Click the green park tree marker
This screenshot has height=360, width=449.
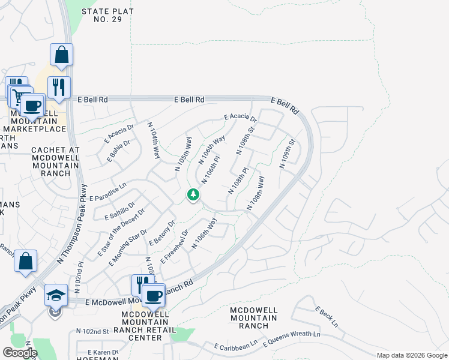pyautogui.click(x=193, y=194)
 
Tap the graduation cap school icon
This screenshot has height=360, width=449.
pyautogui.click(x=56, y=295)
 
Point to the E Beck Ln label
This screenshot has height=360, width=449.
pyautogui.click(x=327, y=317)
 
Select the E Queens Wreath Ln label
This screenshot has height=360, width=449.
pyautogui.click(x=291, y=339)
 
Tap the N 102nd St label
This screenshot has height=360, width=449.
pyautogui.click(x=92, y=331)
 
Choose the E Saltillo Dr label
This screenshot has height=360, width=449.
pyautogui.click(x=119, y=211)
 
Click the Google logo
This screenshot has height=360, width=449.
pyautogui.click(x=20, y=352)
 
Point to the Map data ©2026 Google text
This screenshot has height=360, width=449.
pyautogui.click(x=412, y=355)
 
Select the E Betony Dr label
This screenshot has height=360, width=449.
pyautogui.click(x=162, y=233)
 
